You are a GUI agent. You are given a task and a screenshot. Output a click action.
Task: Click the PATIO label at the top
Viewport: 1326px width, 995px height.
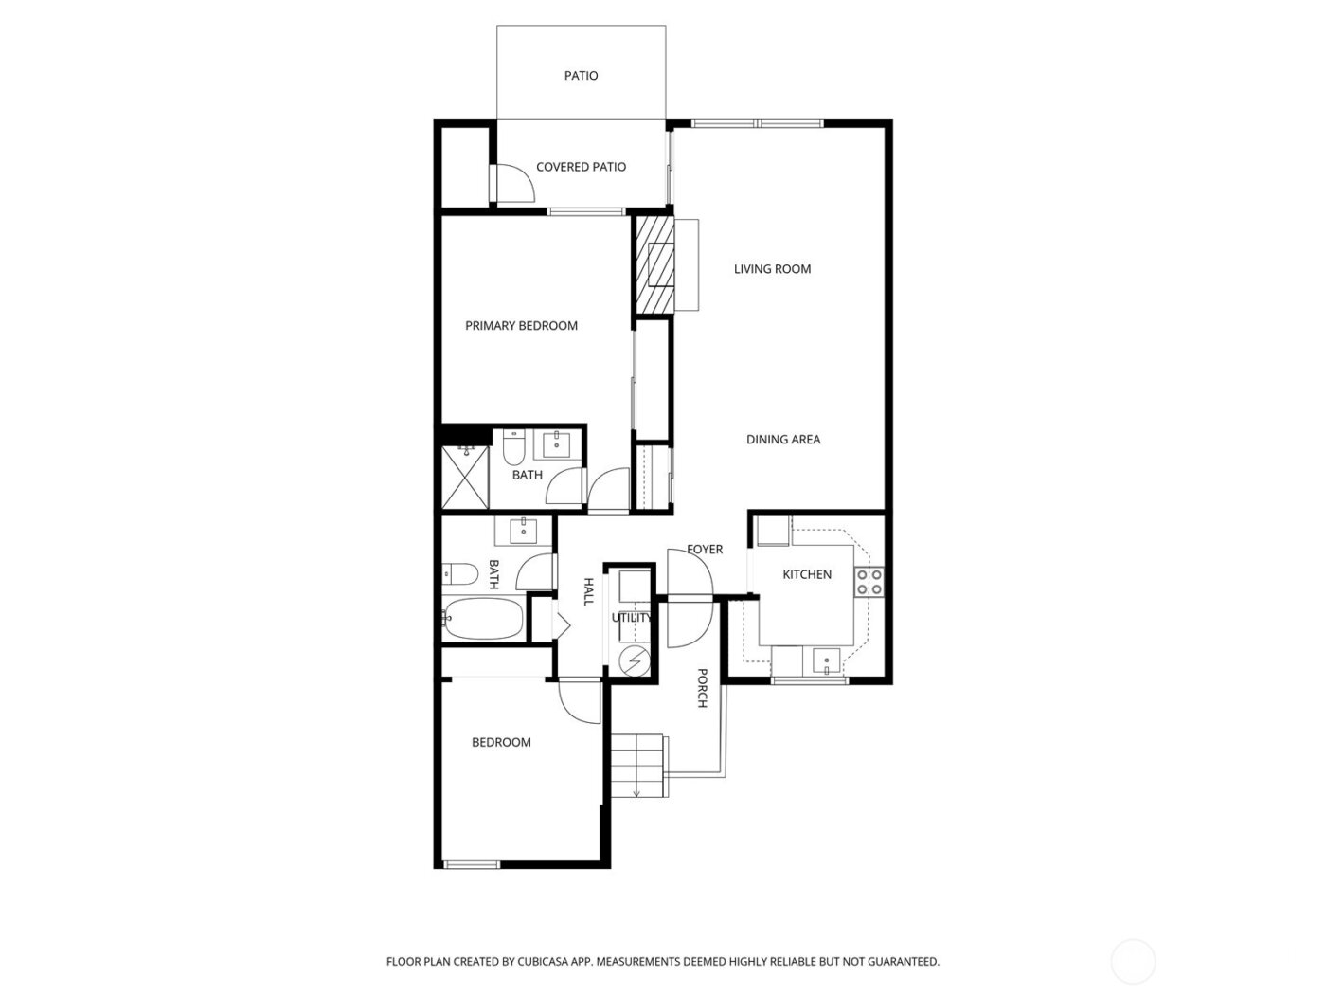tap(581, 76)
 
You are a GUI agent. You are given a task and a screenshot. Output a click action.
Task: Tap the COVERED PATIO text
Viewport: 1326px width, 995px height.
tap(581, 167)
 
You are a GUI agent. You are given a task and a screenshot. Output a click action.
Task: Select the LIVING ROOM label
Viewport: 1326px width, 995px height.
tap(772, 269)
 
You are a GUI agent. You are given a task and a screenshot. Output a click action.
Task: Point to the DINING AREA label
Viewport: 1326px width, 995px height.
tap(783, 440)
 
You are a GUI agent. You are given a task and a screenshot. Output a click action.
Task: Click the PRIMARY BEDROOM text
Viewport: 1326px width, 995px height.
tap(521, 326)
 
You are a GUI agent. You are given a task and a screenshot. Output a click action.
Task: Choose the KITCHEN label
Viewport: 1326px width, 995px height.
tap(807, 574)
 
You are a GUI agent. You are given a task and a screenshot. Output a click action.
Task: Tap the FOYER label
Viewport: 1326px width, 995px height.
tap(705, 550)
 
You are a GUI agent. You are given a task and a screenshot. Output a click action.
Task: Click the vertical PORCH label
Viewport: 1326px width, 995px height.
tap(703, 688)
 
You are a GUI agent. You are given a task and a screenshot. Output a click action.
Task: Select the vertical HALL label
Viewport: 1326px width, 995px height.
tap(588, 592)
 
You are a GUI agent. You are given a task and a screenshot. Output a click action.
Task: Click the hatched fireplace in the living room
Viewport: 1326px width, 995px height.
tap(654, 264)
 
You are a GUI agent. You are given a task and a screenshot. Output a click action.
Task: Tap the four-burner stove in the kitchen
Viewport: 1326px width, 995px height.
tap(869, 582)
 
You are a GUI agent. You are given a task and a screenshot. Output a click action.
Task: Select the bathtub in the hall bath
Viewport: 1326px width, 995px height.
tap(483, 619)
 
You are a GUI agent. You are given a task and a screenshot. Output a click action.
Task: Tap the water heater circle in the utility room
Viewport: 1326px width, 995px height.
tap(633, 659)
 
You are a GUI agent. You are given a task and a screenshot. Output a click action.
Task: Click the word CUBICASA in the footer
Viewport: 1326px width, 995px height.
tap(542, 962)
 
